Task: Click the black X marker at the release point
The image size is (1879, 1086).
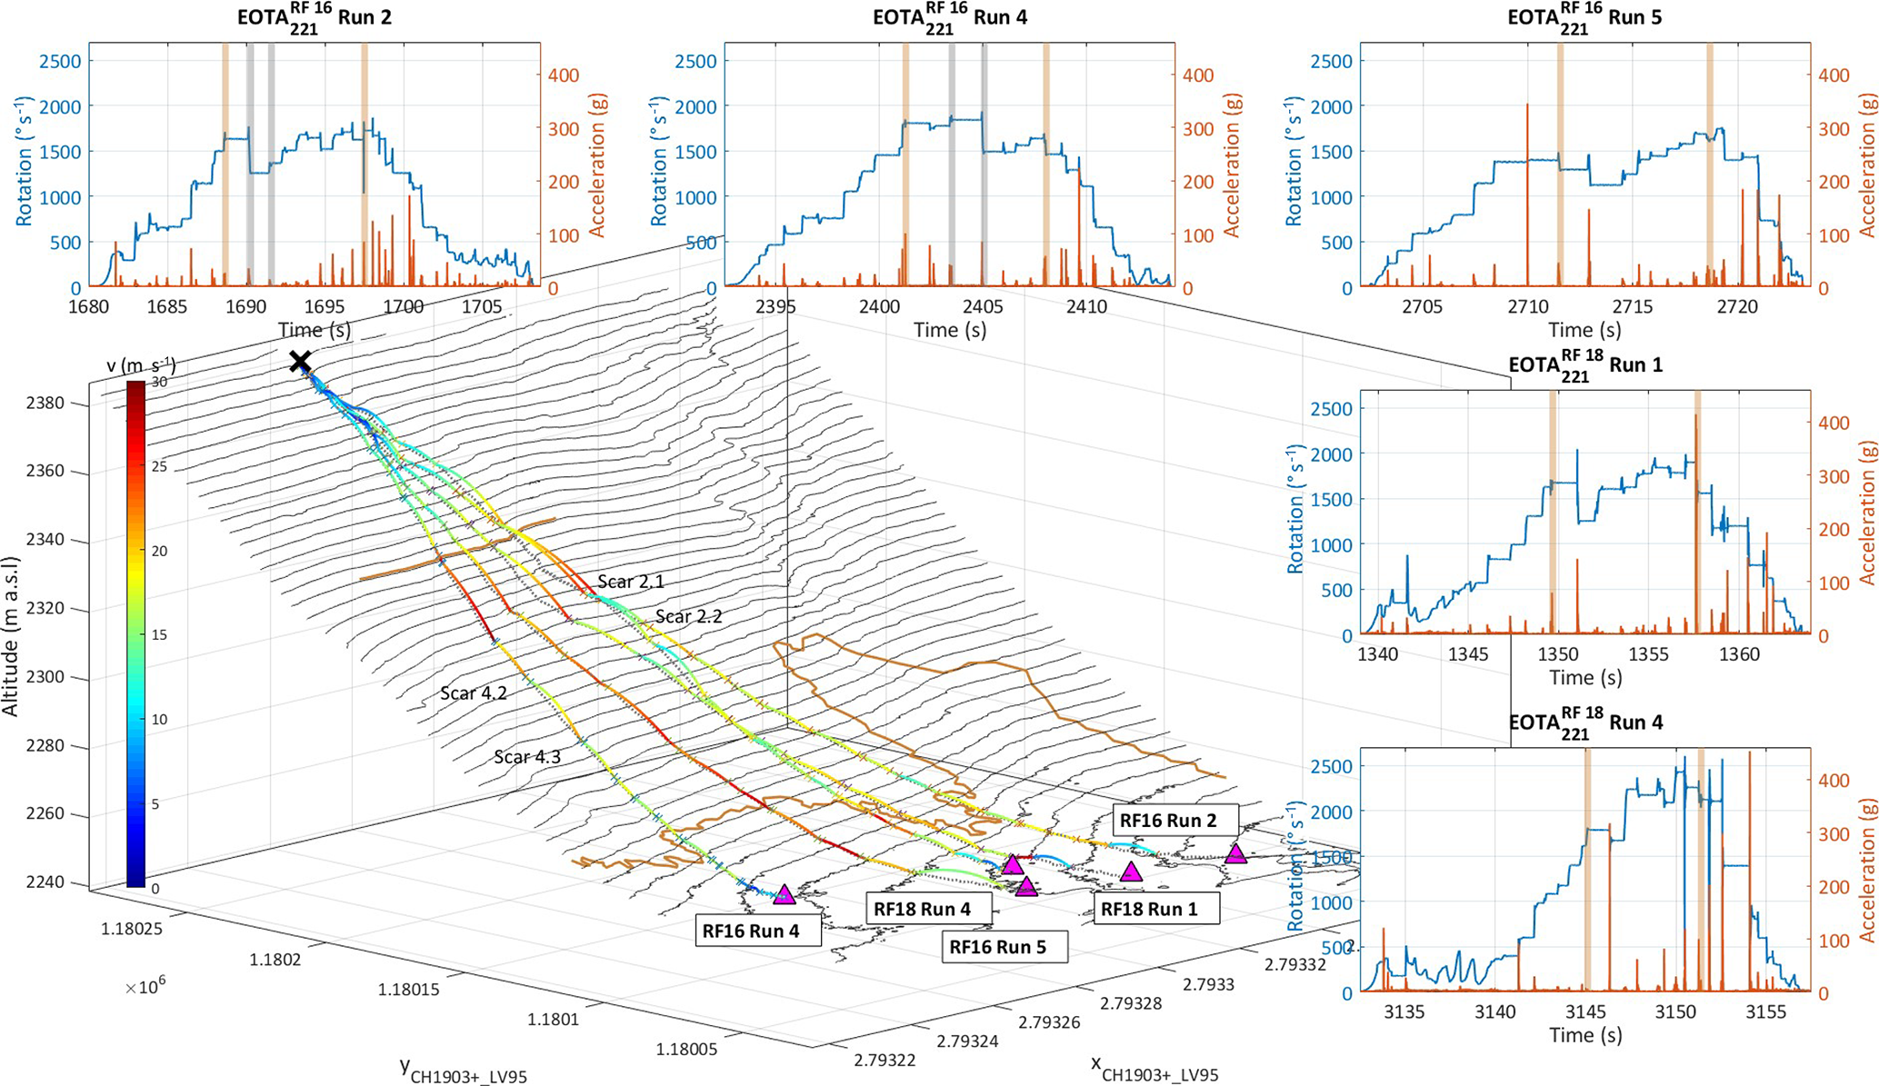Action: point(300,363)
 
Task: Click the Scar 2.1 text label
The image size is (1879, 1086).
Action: point(630,582)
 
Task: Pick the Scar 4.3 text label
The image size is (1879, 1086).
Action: point(527,756)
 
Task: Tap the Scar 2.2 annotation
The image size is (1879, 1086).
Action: point(688,616)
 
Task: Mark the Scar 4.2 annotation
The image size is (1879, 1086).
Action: point(474,693)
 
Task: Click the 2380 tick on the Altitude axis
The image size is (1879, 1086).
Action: point(47,403)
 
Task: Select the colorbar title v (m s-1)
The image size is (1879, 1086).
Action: point(141,366)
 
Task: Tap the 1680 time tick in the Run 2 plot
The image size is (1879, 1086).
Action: point(89,306)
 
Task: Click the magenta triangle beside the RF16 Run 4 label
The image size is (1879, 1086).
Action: point(785,894)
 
